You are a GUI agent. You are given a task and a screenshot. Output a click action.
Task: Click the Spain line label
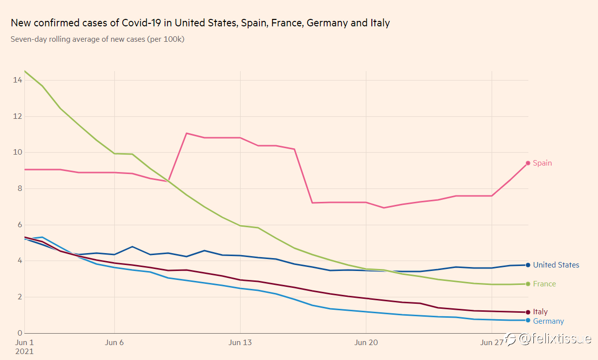pos(542,163)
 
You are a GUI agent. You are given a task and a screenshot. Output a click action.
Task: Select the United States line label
pos(556,265)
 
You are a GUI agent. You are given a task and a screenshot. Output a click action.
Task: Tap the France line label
pos(544,284)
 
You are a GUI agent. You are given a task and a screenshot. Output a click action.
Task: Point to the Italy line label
pos(540,312)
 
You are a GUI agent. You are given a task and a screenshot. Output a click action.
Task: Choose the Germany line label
pos(548,321)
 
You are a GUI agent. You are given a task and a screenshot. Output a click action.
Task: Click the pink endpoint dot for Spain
pos(528,163)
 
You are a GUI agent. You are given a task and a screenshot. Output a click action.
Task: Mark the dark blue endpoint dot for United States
pos(528,265)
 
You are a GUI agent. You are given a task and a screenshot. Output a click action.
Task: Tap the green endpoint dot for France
pos(528,284)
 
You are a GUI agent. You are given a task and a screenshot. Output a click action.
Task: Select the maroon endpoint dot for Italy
pos(528,312)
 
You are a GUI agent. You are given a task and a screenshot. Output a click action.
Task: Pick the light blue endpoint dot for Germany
pos(528,320)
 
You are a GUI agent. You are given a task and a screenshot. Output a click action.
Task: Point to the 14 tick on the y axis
pos(17,80)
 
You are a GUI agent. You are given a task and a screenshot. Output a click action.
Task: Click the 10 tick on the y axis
pos(17,152)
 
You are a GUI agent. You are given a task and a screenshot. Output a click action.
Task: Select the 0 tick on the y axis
pos(20,333)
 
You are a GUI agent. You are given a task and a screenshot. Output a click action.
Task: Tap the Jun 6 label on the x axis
pos(114,343)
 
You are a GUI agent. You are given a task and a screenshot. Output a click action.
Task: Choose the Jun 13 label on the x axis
pos(240,343)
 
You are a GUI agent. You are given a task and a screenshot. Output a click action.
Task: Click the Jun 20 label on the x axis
pos(366,343)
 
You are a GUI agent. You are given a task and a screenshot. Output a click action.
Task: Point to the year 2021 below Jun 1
pos(24,352)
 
